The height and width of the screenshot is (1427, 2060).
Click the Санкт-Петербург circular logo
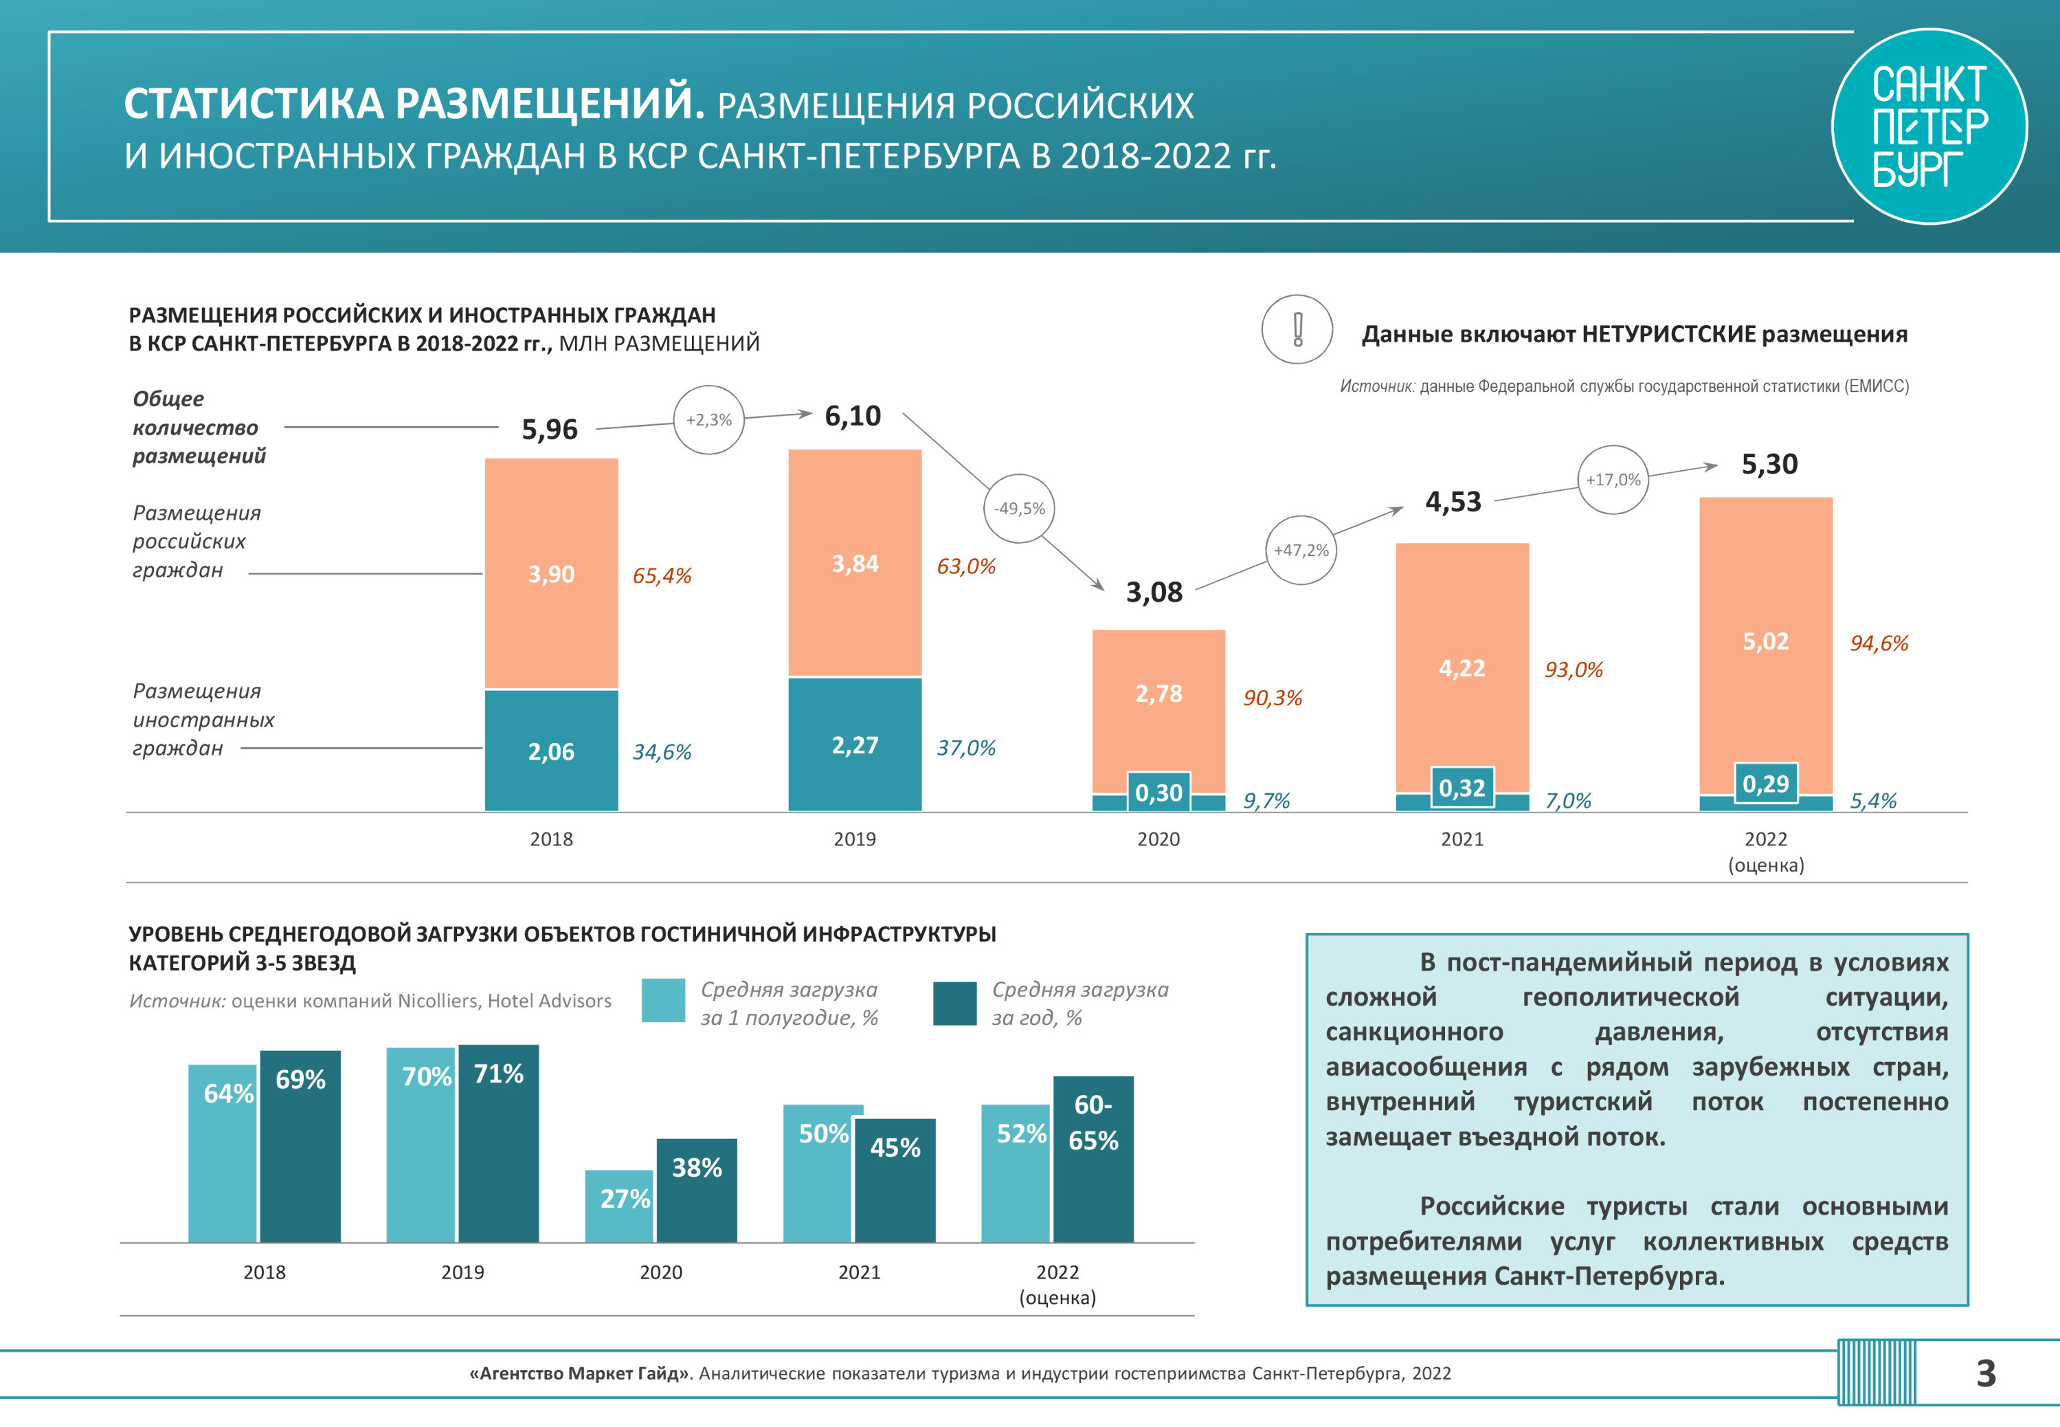click(x=1929, y=126)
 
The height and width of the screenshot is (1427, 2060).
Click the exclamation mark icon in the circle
click(x=1297, y=329)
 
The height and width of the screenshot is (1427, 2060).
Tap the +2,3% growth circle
click(x=708, y=419)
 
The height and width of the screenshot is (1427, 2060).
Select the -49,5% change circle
click(x=1019, y=508)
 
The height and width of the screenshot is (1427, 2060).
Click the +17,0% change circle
click(x=1612, y=479)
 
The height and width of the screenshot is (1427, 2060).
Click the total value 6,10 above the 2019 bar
click(x=852, y=416)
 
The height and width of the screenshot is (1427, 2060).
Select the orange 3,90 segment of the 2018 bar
click(x=550, y=573)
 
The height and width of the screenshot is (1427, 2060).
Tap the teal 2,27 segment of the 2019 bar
click(x=854, y=745)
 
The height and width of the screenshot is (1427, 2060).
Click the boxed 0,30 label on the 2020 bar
click(x=1158, y=792)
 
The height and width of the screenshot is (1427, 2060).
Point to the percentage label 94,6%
click(x=1878, y=643)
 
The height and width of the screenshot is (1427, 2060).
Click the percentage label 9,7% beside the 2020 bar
click(x=1266, y=800)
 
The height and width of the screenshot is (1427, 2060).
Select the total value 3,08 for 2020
click(x=1153, y=592)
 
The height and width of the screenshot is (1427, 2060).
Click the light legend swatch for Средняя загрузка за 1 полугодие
click(x=663, y=1001)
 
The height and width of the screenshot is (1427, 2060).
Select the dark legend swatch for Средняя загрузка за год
click(x=954, y=1003)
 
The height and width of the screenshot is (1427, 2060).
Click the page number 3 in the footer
click(x=1985, y=1373)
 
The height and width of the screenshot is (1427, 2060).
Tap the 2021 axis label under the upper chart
click(x=1462, y=839)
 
